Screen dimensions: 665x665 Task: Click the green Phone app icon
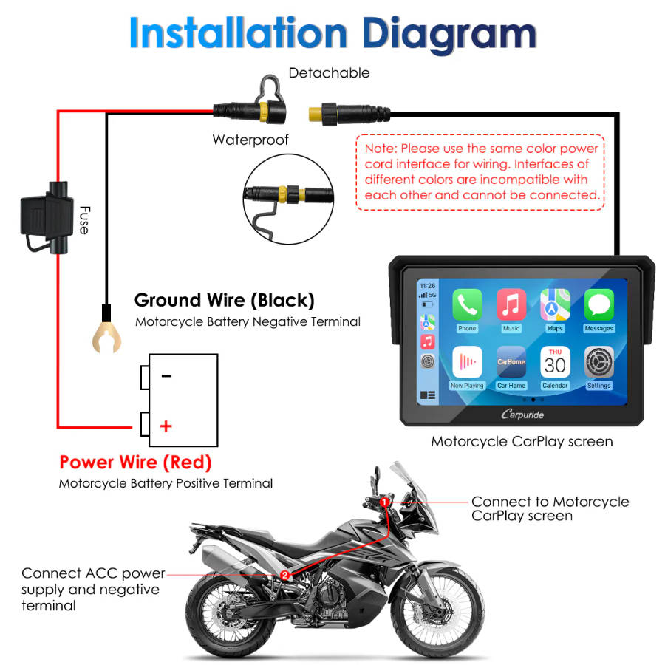click(467, 304)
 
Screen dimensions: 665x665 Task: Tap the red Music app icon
click(511, 304)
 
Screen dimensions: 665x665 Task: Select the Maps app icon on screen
click(555, 304)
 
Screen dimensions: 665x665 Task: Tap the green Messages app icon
click(598, 304)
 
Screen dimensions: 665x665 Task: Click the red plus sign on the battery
click(166, 426)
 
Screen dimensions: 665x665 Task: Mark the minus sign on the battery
click(166, 375)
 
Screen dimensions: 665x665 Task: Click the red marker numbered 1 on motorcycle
click(384, 502)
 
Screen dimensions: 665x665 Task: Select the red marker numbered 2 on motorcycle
click(284, 574)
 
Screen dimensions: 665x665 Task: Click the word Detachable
click(329, 72)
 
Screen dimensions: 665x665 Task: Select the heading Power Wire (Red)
click(135, 463)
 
